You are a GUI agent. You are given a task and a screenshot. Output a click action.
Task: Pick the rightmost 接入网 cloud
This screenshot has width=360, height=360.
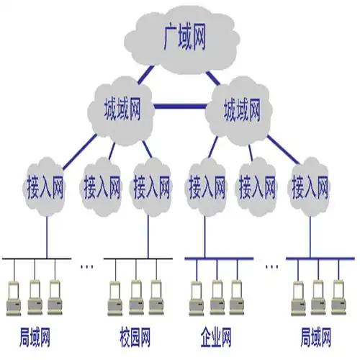[310, 189]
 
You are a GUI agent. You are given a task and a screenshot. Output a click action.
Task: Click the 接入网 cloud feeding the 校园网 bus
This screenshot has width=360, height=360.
[151, 189]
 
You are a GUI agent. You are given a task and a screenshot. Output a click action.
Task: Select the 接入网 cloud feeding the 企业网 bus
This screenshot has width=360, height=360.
[206, 189]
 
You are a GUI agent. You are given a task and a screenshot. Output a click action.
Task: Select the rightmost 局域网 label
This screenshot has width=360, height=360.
[316, 336]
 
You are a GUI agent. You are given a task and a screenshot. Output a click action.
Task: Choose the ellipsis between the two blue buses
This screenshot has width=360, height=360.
[271, 266]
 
